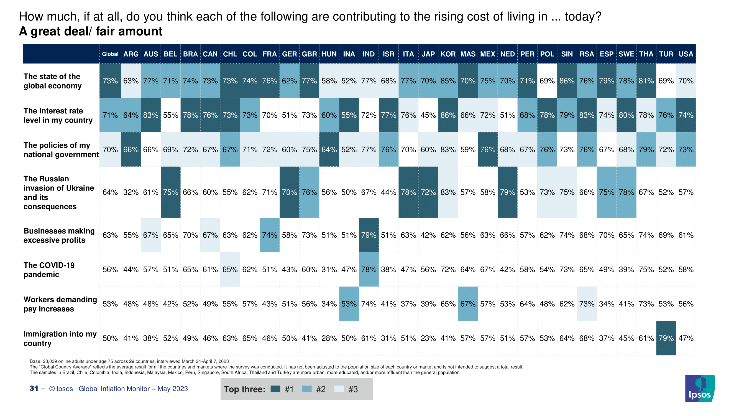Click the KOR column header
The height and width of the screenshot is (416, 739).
(x=448, y=54)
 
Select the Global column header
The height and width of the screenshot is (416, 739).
(x=110, y=54)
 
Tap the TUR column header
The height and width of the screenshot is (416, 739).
(x=666, y=54)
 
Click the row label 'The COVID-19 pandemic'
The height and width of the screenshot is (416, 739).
(x=49, y=270)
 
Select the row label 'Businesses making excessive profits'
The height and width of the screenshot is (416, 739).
(x=59, y=235)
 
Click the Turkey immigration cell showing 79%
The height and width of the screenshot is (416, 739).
(x=666, y=338)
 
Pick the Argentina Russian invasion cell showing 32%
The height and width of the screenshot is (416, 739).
(x=131, y=192)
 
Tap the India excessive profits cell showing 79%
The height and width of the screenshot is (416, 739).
(x=369, y=235)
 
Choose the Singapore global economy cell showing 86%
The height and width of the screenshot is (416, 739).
(x=567, y=81)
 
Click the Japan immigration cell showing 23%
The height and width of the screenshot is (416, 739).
(x=428, y=338)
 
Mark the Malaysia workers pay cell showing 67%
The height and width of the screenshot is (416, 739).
(x=468, y=304)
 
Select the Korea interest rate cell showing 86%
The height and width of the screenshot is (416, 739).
(x=448, y=115)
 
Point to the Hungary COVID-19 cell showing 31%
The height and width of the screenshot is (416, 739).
(x=329, y=270)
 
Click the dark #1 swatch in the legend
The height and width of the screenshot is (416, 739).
(x=275, y=389)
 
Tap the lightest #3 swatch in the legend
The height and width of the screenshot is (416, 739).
(x=339, y=389)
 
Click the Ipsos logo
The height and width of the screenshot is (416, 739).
(x=700, y=389)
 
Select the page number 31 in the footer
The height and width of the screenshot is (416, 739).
(x=34, y=389)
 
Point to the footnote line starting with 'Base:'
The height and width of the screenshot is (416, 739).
(x=129, y=361)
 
